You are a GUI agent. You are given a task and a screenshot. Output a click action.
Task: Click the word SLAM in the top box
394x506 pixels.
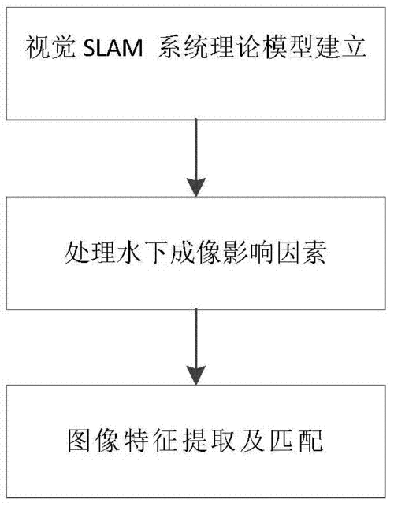tap(113, 48)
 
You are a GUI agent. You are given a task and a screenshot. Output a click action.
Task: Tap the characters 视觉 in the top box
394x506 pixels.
tap(50, 48)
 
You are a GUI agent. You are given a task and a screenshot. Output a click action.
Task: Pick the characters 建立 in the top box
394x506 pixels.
tap(340, 48)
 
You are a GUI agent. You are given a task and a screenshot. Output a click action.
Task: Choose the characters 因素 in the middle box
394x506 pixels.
tap(299, 252)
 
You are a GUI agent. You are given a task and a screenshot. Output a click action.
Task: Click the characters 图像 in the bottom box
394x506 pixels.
tap(94, 441)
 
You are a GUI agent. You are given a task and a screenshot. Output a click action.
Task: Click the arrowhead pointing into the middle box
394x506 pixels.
tap(196, 187)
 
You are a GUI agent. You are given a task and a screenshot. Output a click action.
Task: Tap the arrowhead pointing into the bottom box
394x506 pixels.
tap(196, 375)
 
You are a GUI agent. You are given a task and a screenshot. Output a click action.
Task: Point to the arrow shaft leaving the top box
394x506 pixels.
tap(196, 149)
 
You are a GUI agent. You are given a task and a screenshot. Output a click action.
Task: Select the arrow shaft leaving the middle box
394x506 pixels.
tap(196, 338)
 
